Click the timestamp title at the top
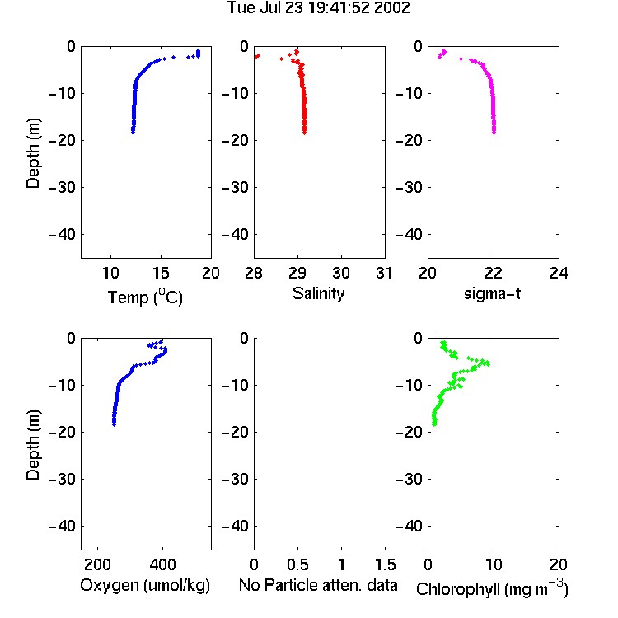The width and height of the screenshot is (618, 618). (318, 7)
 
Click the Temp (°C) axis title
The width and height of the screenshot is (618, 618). (145, 297)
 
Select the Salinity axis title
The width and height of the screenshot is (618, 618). (318, 293)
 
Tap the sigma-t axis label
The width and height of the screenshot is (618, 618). (492, 293)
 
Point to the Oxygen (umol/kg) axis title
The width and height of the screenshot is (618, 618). (145, 585)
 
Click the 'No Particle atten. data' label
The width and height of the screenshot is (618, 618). (318, 585)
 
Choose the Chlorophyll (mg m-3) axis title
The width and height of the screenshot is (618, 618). (492, 588)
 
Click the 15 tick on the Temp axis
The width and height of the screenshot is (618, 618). (161, 273)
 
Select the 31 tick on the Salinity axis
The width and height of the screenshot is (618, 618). (384, 273)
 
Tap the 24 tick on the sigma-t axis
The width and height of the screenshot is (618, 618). (559, 273)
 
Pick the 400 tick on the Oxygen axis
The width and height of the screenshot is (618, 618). (162, 564)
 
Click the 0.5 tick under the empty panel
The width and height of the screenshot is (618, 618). (297, 564)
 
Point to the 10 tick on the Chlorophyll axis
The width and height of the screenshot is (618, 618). (494, 564)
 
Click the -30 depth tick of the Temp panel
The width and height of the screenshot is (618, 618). (62, 187)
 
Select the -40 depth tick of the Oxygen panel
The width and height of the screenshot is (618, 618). (62, 526)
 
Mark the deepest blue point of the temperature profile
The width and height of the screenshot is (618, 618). (133, 133)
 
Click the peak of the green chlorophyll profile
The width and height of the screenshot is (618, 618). (487, 363)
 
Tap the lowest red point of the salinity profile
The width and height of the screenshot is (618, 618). (304, 133)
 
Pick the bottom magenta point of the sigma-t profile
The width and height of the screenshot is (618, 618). (494, 133)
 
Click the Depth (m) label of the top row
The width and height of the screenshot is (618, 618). (33, 153)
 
